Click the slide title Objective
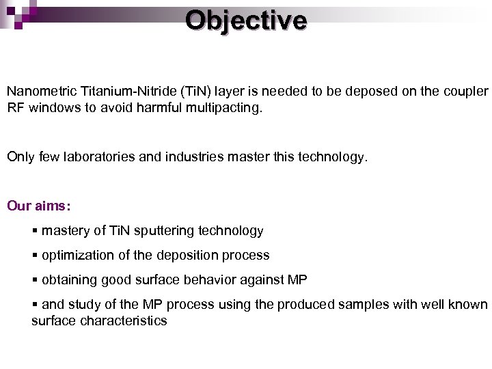246,20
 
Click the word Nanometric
40,91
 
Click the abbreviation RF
16,107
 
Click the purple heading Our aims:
39,206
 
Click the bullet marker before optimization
35,256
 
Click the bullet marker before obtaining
35,279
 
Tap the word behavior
219,279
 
